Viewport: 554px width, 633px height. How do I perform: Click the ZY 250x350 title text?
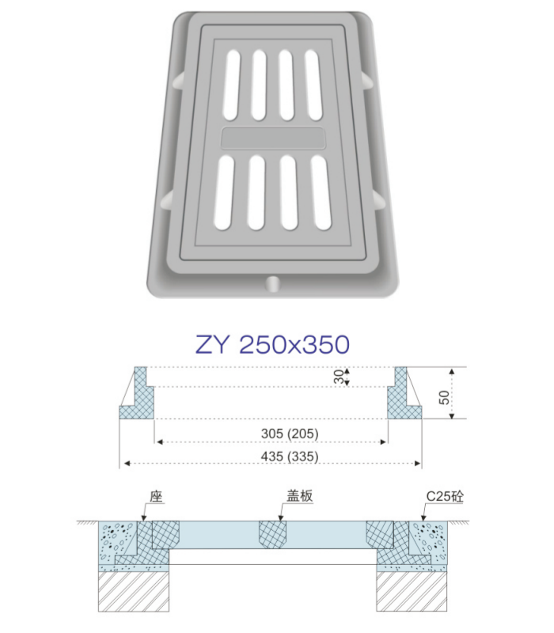click(272, 344)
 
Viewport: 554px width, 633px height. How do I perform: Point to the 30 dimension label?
click(340, 377)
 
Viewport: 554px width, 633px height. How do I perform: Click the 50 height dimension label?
click(444, 397)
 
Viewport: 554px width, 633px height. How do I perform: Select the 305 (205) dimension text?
click(290, 434)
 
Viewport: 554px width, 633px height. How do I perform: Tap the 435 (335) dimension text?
click(290, 457)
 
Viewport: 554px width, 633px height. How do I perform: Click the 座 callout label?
click(156, 496)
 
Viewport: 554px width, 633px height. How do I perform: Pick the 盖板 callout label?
click(300, 495)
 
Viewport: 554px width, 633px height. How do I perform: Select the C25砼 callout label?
click(445, 496)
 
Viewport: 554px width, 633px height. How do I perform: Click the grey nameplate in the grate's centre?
click(273, 138)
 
